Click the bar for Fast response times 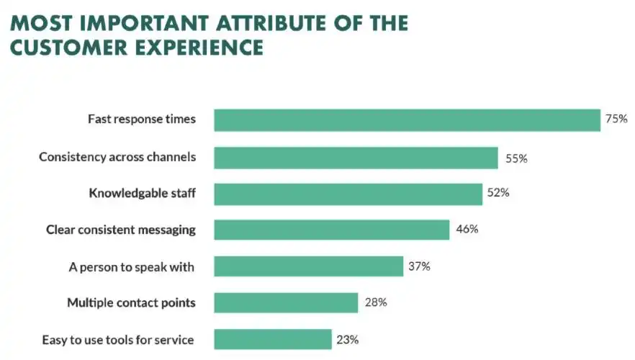[407, 120]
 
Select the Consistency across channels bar [356, 158]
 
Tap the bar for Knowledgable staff [348, 194]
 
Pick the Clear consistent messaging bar [332, 230]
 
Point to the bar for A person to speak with [308, 266]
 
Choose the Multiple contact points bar [286, 302]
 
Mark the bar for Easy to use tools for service [273, 339]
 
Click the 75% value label [617, 120]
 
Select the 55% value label [516, 158]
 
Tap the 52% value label [500, 194]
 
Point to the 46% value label [467, 230]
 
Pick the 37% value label [419, 266]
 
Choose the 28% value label [376, 302]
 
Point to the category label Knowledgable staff [142, 194]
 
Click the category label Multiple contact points [131, 302]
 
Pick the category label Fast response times [141, 120]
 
